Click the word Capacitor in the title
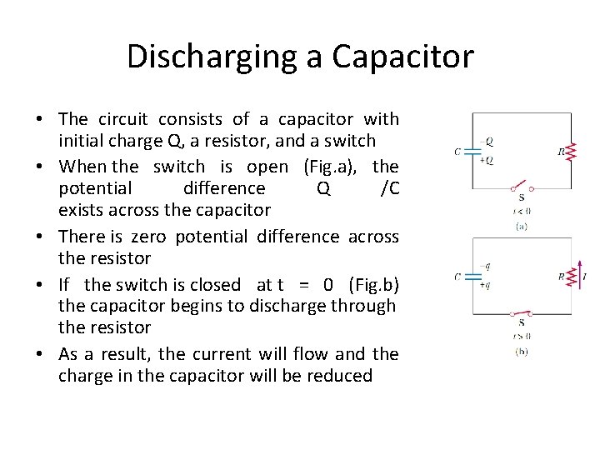[x=402, y=57]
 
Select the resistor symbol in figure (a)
[x=571, y=152]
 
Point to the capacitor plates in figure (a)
[x=472, y=152]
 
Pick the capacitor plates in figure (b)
[x=472, y=277]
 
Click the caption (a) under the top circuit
[x=522, y=225]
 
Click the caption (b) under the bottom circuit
[x=522, y=351]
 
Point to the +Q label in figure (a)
[x=487, y=161]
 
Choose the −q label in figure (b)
[x=487, y=267]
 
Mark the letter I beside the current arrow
[x=585, y=275]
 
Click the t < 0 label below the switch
[x=522, y=211]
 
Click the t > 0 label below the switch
[x=522, y=337]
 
